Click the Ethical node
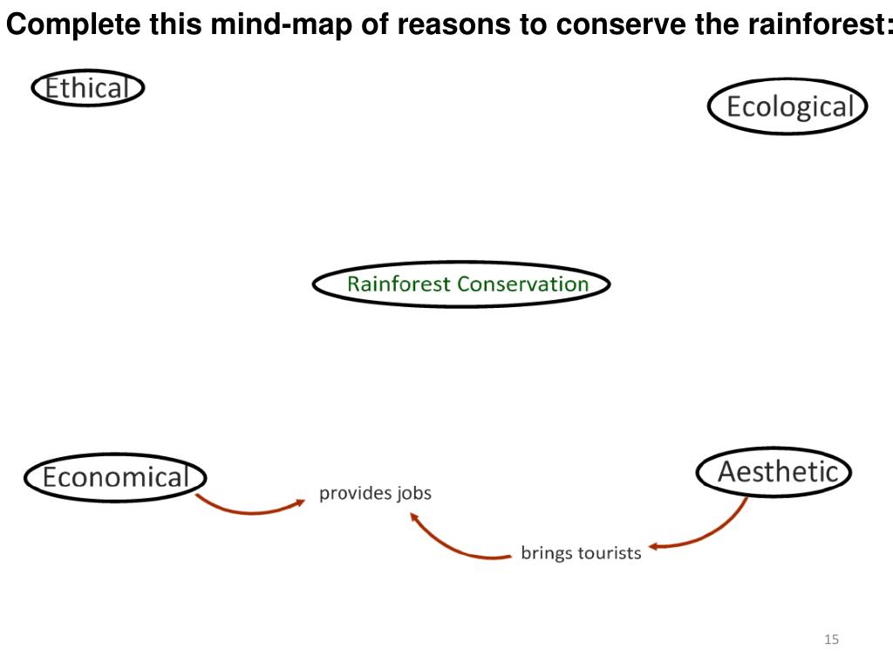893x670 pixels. (87, 88)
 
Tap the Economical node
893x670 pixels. (114, 477)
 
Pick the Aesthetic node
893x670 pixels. (774, 472)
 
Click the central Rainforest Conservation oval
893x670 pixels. (462, 284)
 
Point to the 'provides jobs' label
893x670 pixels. (375, 493)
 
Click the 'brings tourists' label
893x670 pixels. (581, 552)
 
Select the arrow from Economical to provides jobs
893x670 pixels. (249, 510)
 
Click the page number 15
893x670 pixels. (830, 640)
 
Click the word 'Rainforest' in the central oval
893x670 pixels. (399, 284)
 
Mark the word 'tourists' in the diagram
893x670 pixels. (610, 552)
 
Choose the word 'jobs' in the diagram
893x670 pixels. (413, 493)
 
